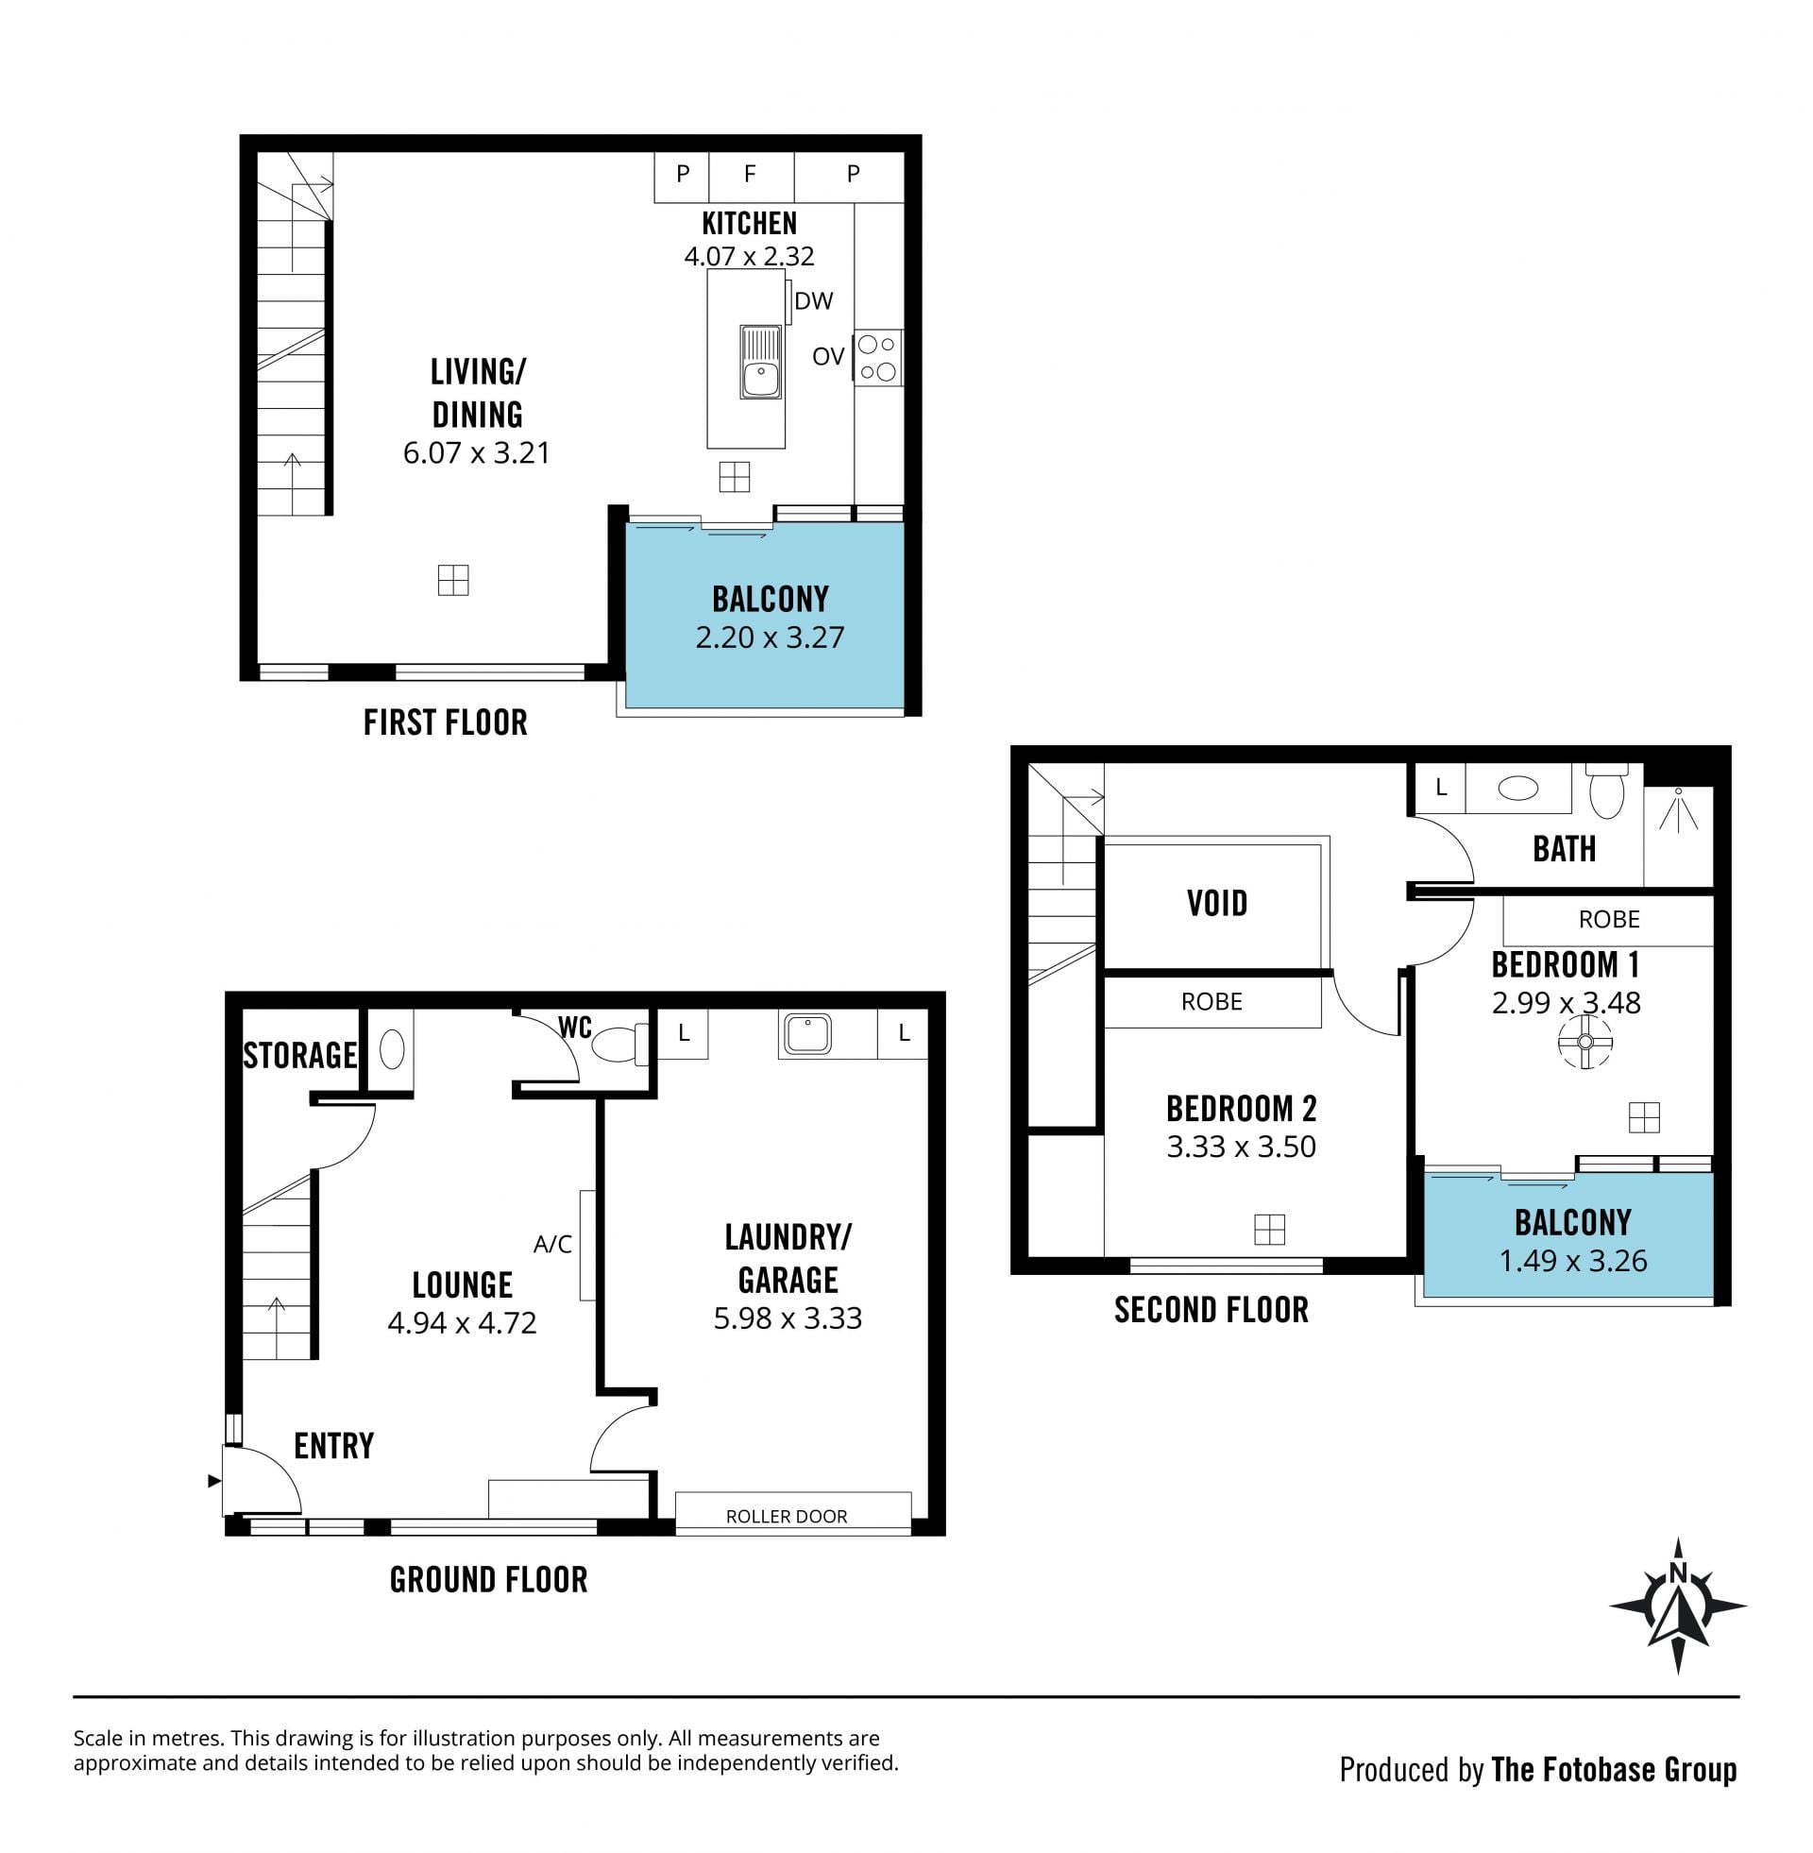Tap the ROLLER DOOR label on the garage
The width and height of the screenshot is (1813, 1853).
click(787, 1516)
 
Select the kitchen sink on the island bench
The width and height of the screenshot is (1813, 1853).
click(761, 362)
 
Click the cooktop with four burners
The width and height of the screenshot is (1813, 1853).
click(878, 357)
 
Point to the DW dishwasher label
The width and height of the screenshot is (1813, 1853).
click(813, 301)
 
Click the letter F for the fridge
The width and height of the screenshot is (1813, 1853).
click(751, 173)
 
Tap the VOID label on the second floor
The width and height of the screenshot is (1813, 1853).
click(1217, 903)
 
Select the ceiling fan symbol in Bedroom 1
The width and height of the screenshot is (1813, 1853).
click(1585, 1042)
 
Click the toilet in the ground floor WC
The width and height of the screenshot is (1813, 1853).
click(619, 1045)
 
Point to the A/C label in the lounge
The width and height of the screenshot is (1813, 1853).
click(552, 1244)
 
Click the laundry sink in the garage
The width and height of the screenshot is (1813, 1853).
click(807, 1034)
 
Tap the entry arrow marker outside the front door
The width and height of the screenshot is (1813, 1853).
click(214, 1481)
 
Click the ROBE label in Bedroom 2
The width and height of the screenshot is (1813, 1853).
click(1212, 1002)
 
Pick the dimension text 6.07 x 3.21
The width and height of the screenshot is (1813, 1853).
click(476, 452)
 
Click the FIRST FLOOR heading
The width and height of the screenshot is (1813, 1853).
click(446, 722)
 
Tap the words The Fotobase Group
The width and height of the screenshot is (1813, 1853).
click(1614, 1769)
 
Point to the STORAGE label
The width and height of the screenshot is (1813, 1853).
click(300, 1055)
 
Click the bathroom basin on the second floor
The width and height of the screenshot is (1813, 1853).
click(1517, 788)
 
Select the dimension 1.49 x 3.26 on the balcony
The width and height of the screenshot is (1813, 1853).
click(1573, 1261)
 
